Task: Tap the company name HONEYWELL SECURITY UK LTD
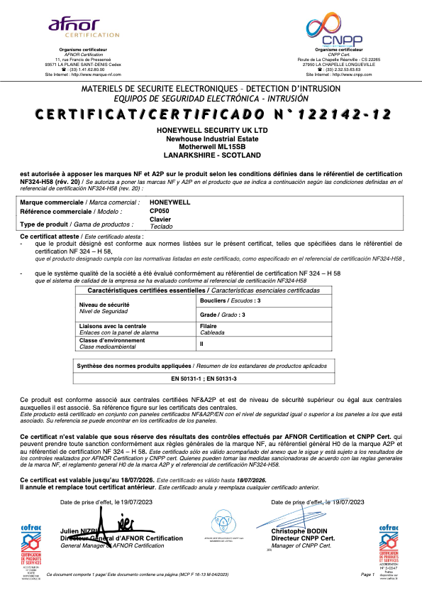coord(211,131)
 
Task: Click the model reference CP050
coord(160,211)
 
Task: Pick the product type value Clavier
coord(160,219)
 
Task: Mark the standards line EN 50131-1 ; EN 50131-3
coord(205,378)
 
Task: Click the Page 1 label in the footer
coord(367,574)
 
